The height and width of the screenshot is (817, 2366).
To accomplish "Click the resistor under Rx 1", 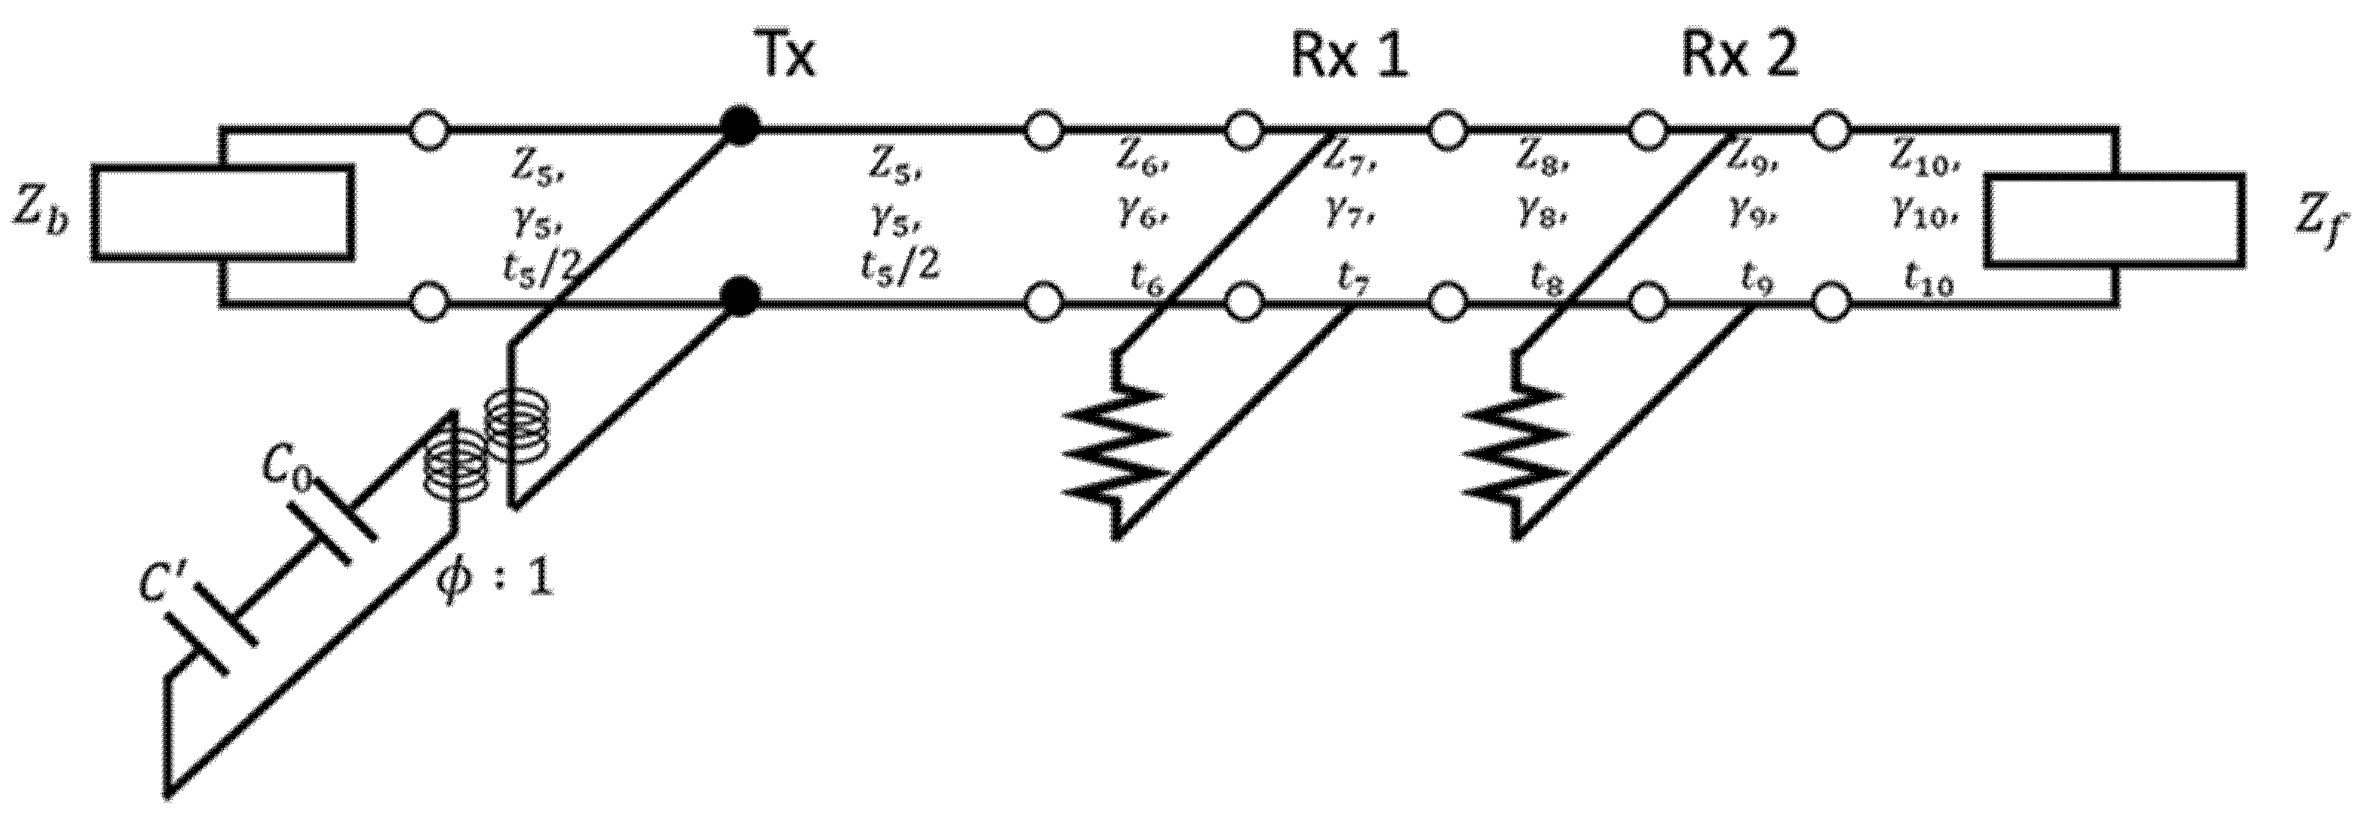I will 1116,440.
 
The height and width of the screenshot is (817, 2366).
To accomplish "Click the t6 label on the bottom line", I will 1146,285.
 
